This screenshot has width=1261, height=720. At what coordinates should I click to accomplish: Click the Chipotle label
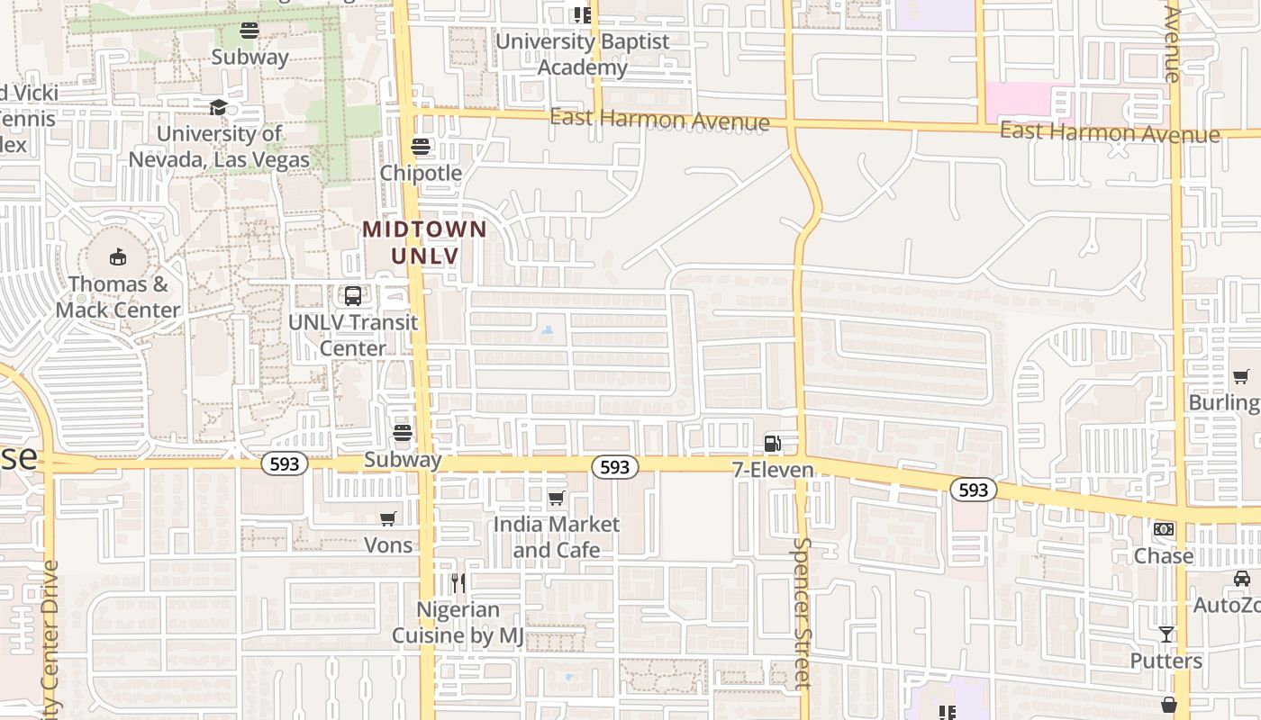[x=421, y=173]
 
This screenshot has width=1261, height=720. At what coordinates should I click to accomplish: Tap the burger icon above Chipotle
[x=421, y=146]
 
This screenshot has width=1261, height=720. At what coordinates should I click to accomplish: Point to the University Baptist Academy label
[x=583, y=54]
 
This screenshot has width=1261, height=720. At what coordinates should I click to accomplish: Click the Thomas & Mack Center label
[x=118, y=297]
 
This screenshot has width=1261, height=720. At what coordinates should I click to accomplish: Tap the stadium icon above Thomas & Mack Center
[x=118, y=257]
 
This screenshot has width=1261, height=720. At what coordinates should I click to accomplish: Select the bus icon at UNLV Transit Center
[x=353, y=295]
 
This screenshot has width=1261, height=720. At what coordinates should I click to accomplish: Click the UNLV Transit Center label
[x=353, y=335]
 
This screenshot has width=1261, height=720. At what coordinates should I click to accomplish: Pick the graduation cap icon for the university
[x=218, y=108]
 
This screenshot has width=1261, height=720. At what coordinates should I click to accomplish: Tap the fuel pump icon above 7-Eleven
[x=772, y=443]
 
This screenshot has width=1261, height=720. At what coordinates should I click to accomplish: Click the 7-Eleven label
[x=773, y=470]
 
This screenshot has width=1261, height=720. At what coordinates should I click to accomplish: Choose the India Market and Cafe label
[x=557, y=536]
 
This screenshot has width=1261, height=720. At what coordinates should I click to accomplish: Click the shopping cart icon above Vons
[x=388, y=518]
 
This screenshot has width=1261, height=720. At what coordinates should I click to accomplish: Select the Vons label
[x=388, y=544]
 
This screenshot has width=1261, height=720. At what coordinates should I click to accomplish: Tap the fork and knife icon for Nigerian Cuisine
[x=458, y=583]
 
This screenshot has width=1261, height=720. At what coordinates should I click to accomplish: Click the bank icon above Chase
[x=1164, y=529]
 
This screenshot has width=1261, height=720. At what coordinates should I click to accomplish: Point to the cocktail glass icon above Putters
[x=1166, y=634]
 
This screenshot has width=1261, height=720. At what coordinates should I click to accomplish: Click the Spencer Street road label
[x=801, y=612]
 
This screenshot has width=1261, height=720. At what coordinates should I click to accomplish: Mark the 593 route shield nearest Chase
[x=973, y=490]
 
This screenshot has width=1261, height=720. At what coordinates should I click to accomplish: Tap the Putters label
[x=1166, y=661]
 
